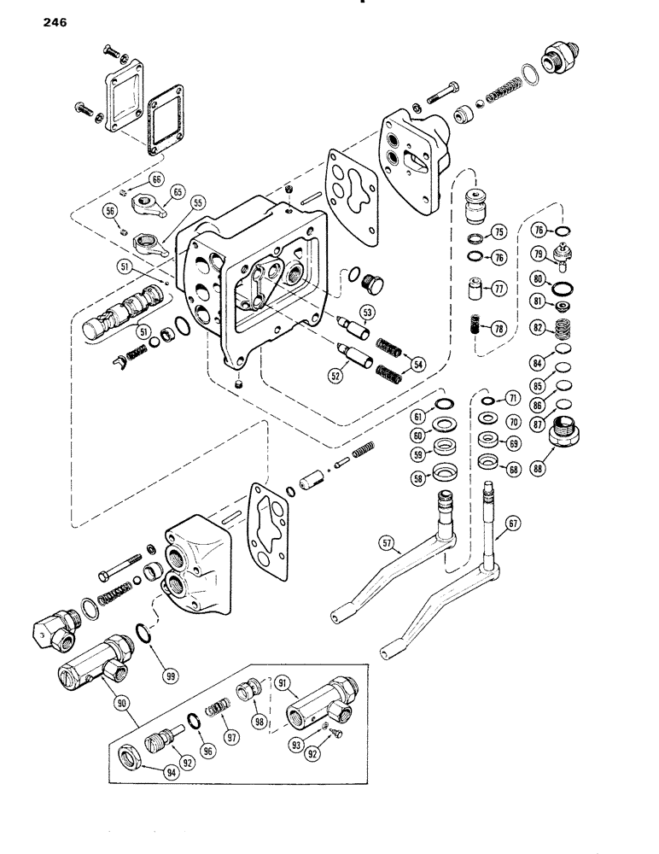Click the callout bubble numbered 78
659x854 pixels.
tap(498, 328)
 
